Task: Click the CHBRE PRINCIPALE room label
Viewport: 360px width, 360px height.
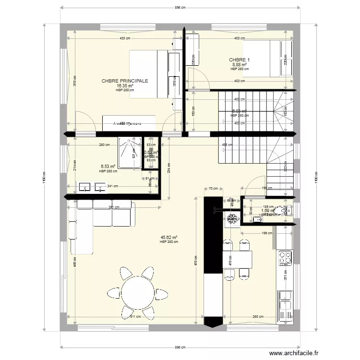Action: point(125,81)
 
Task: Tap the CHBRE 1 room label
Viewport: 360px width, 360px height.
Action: point(240,60)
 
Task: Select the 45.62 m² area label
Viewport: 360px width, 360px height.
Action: point(169,237)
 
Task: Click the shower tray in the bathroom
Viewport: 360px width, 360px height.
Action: point(130,153)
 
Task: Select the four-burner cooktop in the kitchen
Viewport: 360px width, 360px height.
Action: point(286,258)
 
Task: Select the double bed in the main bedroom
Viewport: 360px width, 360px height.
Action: point(155,74)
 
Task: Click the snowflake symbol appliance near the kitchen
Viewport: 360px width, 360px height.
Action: point(233,218)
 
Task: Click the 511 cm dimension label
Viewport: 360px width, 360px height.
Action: point(135,316)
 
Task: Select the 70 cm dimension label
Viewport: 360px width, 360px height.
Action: point(214,189)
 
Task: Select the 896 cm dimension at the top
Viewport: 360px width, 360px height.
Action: point(180,8)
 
